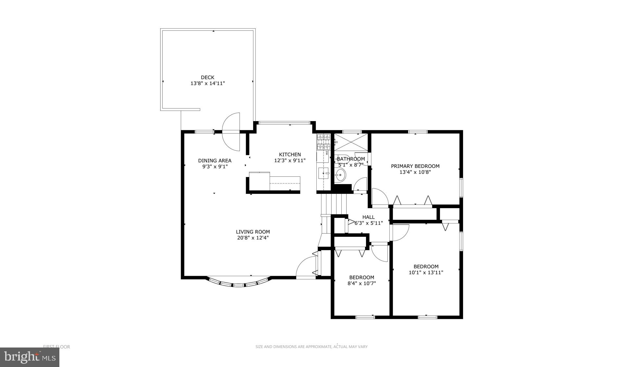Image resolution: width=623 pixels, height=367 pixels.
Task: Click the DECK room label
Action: coord(207,77)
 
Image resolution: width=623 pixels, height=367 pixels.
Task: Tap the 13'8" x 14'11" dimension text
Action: coord(207,83)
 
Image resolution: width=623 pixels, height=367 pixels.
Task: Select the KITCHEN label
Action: coord(290,155)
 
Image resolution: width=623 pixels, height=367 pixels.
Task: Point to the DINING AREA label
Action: coord(214,160)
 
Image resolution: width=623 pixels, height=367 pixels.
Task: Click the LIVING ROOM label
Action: coord(253,232)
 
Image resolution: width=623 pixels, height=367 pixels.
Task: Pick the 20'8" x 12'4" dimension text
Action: coord(253,238)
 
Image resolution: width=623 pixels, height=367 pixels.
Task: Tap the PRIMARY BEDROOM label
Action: coord(415,166)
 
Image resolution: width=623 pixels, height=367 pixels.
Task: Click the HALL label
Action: coord(368,217)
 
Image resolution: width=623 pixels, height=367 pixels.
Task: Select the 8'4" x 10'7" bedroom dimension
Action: coord(361,283)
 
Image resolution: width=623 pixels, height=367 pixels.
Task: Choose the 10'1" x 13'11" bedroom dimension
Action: coord(426,272)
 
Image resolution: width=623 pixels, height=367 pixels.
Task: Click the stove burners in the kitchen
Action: coord(323,142)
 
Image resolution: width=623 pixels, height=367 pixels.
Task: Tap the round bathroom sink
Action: coord(340,176)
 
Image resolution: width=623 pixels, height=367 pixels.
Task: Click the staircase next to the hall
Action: coord(334,203)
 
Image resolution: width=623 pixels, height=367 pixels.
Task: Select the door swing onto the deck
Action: coord(231,132)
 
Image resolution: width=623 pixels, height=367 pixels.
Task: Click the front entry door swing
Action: coord(306,267)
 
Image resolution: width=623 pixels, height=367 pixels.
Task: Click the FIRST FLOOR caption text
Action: coord(56,347)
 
